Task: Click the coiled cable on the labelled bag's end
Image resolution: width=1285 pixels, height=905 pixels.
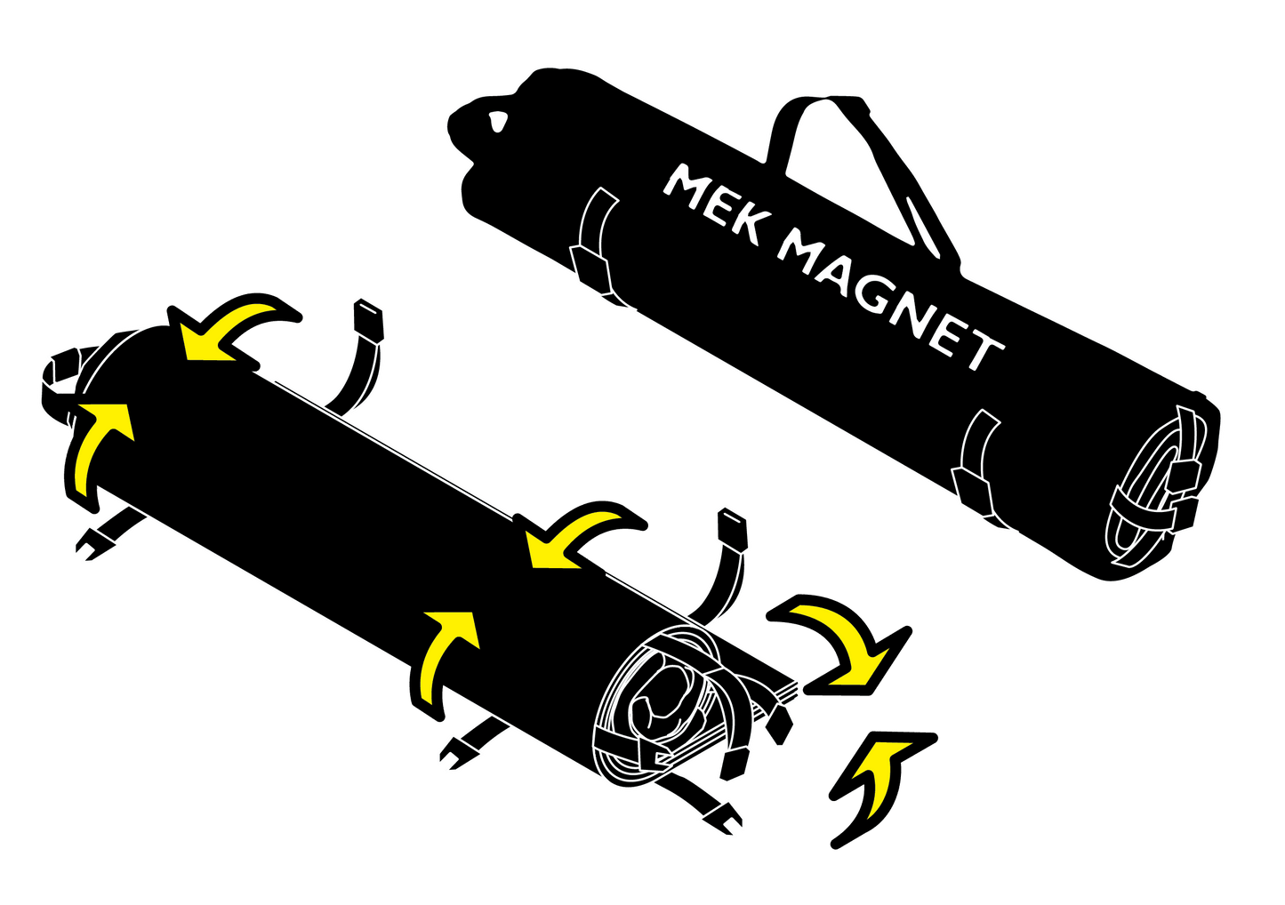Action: pyautogui.click(x=1156, y=498)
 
